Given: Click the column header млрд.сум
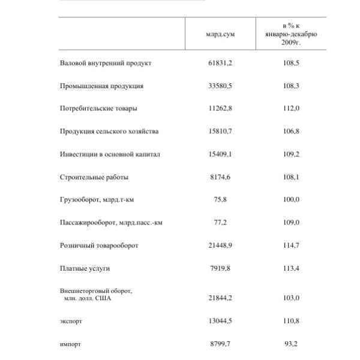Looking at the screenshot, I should (220, 34).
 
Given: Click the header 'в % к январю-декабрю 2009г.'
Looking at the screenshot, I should (291, 34).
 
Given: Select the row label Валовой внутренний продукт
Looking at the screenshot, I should (106, 63).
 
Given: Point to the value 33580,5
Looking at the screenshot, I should (220, 86).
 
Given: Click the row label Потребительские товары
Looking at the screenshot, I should (98, 109).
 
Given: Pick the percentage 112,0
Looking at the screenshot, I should (291, 109).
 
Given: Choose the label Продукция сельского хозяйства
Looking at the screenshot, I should (109, 131).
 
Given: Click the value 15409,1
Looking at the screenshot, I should (220, 154).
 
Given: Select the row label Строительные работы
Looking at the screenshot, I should (94, 177).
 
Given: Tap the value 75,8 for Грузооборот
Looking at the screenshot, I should (220, 200).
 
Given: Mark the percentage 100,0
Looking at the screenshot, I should (291, 200).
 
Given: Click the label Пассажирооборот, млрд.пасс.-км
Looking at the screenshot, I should (111, 223).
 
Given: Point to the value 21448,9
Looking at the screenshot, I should (220, 245).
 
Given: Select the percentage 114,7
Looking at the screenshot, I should (291, 245).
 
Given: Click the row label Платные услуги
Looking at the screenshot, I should (85, 268).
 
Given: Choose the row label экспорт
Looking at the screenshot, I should (71, 321).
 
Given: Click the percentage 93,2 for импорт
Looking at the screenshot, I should (291, 344).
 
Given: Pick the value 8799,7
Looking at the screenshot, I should (220, 344).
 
